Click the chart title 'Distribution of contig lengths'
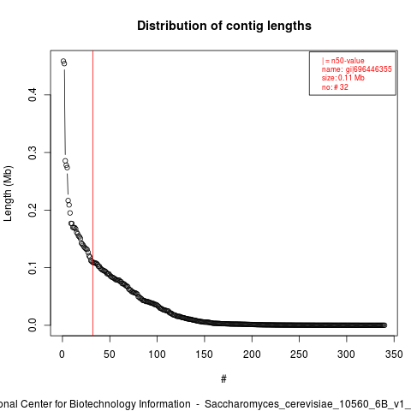tap(224, 26)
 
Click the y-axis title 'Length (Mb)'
tap(9, 194)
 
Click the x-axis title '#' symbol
tap(223, 379)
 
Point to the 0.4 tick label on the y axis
tap(33, 95)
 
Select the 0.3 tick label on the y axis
tap(33, 152)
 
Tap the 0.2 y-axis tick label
tap(33, 211)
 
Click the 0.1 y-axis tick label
tap(33, 268)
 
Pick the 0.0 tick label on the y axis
tap(33, 325)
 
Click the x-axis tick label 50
tap(110, 354)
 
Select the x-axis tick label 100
tap(157, 354)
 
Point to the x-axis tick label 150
tap(205, 354)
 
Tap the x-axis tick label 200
tap(252, 354)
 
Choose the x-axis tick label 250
tap(299, 354)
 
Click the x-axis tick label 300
tap(347, 354)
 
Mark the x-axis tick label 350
tap(394, 354)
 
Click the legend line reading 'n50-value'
tap(348, 61)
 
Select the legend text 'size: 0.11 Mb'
tap(343, 78)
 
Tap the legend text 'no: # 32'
tap(335, 87)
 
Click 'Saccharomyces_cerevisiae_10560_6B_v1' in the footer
tap(307, 404)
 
